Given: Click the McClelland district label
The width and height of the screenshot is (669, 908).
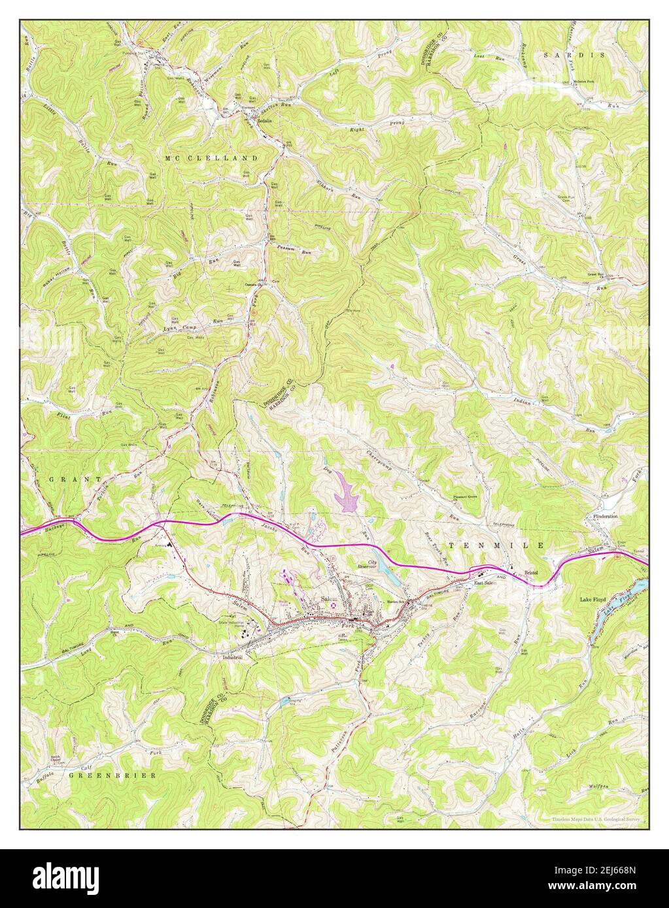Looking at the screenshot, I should point(211,159).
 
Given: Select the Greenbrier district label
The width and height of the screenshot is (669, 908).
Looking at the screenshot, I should point(112,775).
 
